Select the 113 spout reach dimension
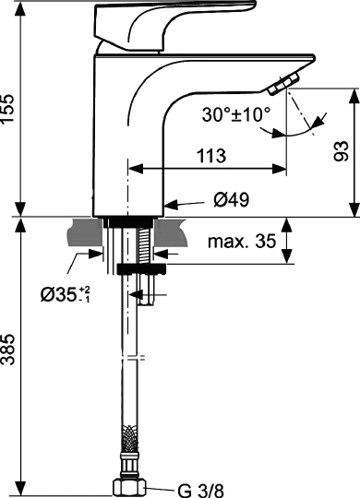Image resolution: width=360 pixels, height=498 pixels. pyautogui.click(x=210, y=157)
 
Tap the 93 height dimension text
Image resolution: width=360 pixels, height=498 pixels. pyautogui.click(x=339, y=150)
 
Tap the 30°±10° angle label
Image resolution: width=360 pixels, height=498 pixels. pyautogui.click(x=235, y=115)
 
